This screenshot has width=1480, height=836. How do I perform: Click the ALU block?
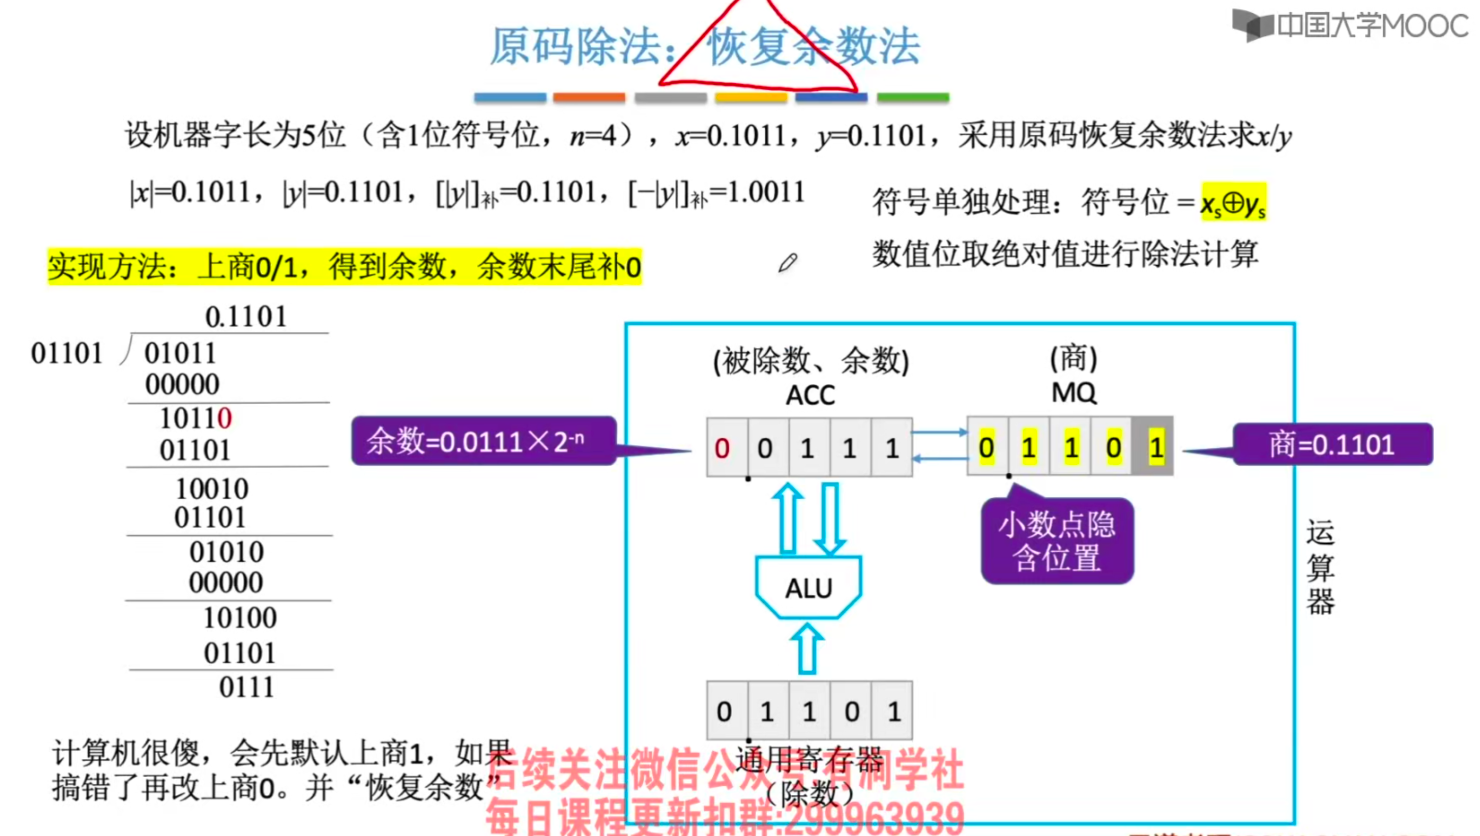(x=808, y=587)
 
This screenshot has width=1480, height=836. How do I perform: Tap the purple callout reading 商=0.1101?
(x=1332, y=444)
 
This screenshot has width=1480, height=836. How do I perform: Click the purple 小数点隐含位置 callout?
(x=1057, y=541)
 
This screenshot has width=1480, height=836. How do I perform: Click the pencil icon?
(x=788, y=263)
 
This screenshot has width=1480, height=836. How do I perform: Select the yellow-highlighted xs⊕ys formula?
(x=1233, y=202)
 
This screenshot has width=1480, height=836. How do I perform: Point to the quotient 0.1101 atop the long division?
(x=246, y=317)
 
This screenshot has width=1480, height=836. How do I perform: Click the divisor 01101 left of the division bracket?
(x=67, y=353)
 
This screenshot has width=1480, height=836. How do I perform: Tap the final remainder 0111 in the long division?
(x=247, y=687)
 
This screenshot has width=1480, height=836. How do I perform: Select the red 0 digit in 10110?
(x=225, y=418)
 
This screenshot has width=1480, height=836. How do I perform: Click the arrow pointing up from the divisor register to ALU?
(x=807, y=649)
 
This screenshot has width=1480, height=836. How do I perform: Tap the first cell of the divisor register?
(x=724, y=711)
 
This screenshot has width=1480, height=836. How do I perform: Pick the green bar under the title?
(x=913, y=98)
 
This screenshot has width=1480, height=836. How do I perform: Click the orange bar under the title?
(x=589, y=98)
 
